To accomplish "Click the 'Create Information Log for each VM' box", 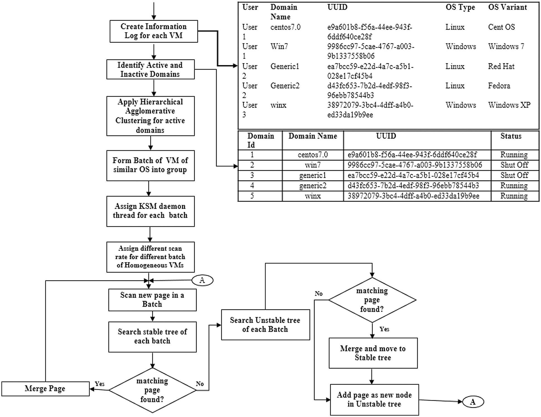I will point(153,31).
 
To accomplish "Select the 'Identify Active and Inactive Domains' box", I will point(150,69).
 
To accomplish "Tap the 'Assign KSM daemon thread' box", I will point(150,211).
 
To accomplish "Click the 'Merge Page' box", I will point(45,389).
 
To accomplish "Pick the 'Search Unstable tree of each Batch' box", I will point(265,325).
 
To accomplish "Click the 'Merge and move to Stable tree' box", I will point(373,353).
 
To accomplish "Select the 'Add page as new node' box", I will point(374,399).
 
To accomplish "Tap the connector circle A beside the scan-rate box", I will point(202,280).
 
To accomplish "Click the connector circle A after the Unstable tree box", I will point(473,402).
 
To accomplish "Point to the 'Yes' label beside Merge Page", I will point(100,384).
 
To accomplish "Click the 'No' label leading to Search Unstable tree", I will point(200,384).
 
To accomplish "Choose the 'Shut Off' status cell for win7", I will point(514,165).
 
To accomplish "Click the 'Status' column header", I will point(511,136).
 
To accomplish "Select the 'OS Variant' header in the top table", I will point(507,8).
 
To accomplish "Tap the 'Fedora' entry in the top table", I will point(499,86).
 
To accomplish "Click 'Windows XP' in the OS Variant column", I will point(509,105).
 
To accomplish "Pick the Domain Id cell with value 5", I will point(252,196).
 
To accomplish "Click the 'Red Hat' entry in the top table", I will point(501,66).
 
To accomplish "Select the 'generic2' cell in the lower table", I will point(313,186).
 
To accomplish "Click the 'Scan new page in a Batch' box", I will point(152,300).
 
